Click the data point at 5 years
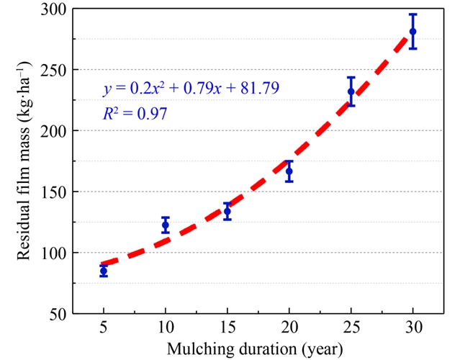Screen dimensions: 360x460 [x=104, y=271]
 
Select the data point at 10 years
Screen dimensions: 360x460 [x=166, y=225]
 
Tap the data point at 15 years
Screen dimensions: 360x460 [x=227, y=211]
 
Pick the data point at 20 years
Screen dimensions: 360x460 [x=289, y=171]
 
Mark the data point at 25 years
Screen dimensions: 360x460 [x=351, y=91]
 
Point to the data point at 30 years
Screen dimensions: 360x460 [x=412, y=31]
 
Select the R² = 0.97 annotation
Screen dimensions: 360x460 [x=135, y=113]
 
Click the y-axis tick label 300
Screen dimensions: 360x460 [x=55, y=10]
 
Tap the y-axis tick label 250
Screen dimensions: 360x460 [x=55, y=71]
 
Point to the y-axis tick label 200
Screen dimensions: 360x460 [x=55, y=131]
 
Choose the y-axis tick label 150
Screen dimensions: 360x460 [x=55, y=192]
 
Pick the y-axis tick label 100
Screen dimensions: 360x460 [x=55, y=253]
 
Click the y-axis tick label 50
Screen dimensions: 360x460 [x=58, y=314]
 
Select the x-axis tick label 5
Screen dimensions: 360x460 [x=104, y=328]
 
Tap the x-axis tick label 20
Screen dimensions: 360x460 [x=289, y=328]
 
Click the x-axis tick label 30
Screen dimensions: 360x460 [x=412, y=328]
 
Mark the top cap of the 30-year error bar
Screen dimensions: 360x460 [x=412, y=14]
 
